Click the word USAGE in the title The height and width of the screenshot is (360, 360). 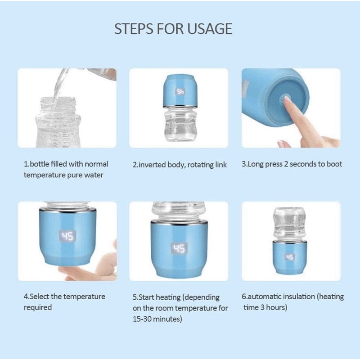[x=210, y=29]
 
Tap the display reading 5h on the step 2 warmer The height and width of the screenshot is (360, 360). [x=180, y=92]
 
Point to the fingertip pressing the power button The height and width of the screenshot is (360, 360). [x=287, y=99]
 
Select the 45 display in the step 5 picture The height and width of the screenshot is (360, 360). [x=179, y=249]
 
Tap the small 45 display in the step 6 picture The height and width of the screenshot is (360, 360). [x=289, y=257]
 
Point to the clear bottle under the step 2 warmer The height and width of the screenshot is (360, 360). [x=181, y=124]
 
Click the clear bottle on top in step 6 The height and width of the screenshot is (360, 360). [x=289, y=223]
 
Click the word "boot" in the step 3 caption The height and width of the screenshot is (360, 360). [x=334, y=164]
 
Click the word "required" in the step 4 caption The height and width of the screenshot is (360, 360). [x=38, y=307]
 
